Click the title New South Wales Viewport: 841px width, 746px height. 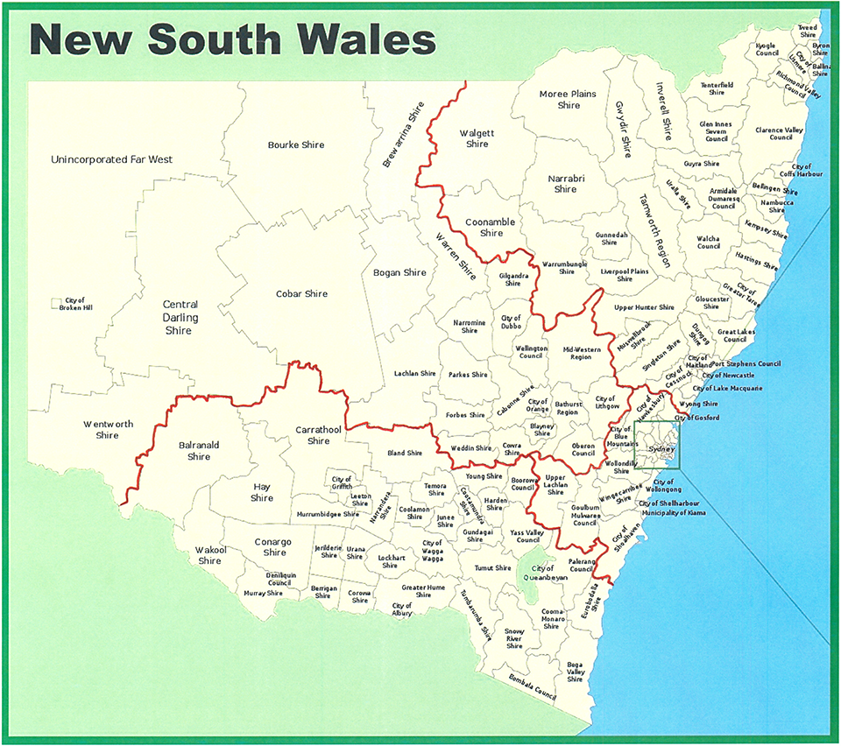(232, 39)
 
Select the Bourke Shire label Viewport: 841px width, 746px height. (295, 144)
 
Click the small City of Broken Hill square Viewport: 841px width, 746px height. (56, 303)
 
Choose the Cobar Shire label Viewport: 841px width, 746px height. (301, 294)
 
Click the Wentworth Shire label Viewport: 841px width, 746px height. (108, 429)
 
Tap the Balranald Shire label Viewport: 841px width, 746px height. (199, 450)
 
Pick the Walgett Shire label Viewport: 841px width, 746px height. (477, 138)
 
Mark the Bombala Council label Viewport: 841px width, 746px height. (533, 688)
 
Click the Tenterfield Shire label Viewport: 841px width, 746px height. (716, 88)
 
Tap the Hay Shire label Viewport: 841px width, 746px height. (262, 492)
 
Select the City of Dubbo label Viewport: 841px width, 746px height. (511, 323)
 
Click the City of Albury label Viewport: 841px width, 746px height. (402, 610)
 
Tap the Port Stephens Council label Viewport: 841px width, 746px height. (746, 363)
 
